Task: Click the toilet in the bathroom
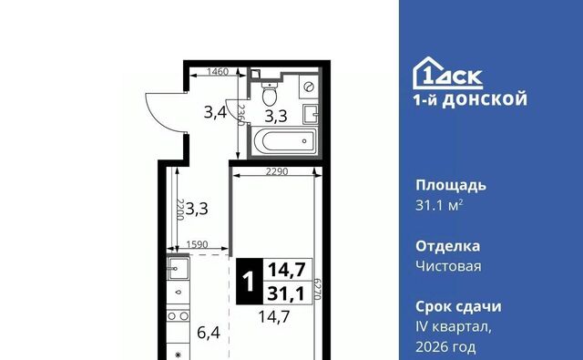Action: pos(269,94)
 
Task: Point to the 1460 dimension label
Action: pos(217,72)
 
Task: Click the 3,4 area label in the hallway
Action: pos(215,113)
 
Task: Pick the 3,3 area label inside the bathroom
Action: pos(277,117)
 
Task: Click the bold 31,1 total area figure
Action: pos(284,293)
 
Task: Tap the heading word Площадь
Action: pos(453,185)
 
